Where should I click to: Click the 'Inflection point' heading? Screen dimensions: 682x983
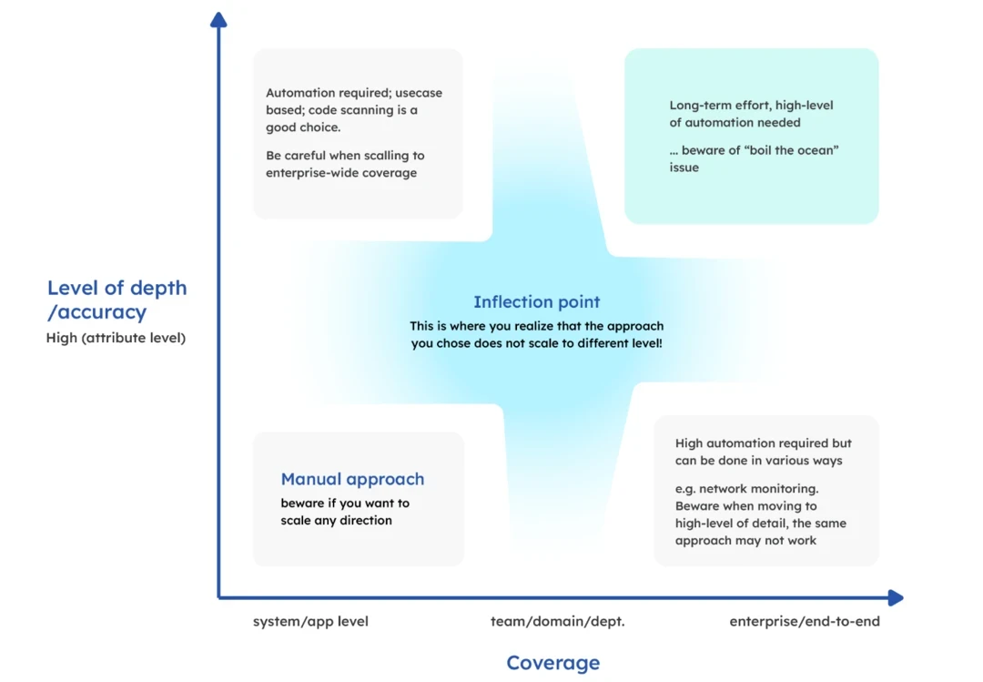(x=537, y=302)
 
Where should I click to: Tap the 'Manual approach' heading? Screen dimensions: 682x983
(x=352, y=479)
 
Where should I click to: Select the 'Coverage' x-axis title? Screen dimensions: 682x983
(x=553, y=663)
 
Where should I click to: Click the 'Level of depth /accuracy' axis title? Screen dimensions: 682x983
(x=117, y=300)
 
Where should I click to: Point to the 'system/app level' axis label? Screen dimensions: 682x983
(x=310, y=622)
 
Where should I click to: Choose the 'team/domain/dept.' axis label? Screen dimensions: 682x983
(x=557, y=622)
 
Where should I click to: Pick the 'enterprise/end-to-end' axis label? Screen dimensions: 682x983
(x=805, y=622)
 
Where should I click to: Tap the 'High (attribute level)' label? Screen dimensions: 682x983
(x=116, y=339)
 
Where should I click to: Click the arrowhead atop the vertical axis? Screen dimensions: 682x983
(x=218, y=19)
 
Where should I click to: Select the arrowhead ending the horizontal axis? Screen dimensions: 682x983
(x=896, y=598)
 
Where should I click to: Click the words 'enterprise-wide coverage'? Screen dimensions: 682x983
(x=341, y=173)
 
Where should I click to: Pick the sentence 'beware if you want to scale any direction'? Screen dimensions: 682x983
(x=344, y=512)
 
